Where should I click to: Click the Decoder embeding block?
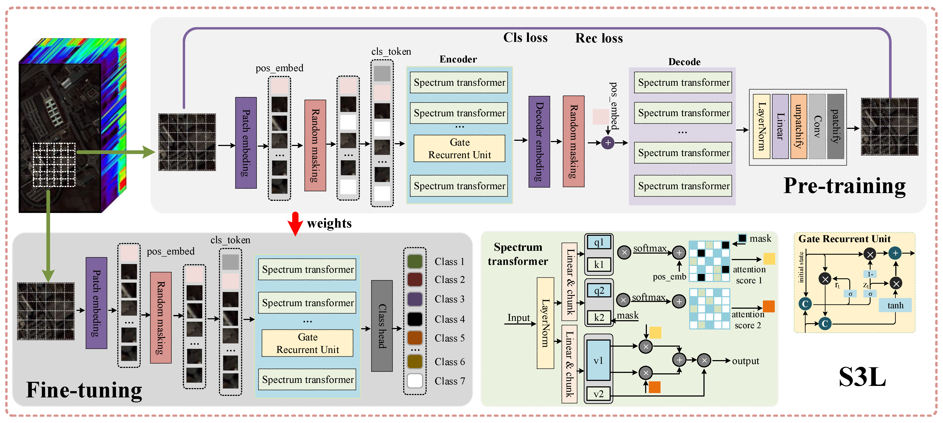(539, 142)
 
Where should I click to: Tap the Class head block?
(382, 326)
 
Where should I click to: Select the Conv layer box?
(817, 126)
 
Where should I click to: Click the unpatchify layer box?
(798, 126)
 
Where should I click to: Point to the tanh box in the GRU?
(895, 305)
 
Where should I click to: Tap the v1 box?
(598, 360)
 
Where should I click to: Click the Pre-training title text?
(844, 186)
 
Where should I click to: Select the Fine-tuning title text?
(84, 390)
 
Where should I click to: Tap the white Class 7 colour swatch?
(415, 380)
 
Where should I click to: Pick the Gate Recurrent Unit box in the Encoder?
(459, 148)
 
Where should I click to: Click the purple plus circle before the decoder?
(608, 143)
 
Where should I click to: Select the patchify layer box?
(835, 126)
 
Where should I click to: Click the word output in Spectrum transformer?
(745, 361)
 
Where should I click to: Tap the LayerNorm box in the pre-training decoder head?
(761, 126)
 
